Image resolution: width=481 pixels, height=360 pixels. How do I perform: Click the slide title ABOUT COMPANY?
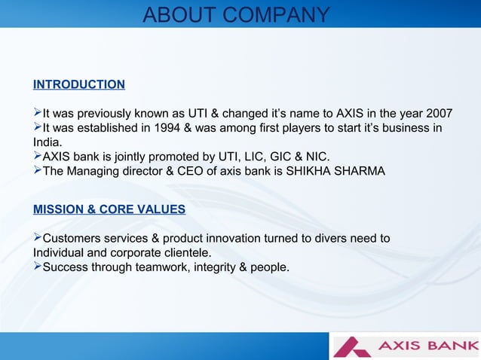[236, 15]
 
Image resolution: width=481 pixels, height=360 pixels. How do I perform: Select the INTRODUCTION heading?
[79, 84]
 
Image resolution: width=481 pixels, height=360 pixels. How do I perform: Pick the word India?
[47, 142]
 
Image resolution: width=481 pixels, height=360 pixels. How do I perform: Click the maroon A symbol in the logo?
[352, 346]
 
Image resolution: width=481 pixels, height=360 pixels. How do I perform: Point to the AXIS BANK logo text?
[427, 346]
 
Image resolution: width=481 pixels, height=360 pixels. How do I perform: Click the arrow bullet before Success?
[38, 267]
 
